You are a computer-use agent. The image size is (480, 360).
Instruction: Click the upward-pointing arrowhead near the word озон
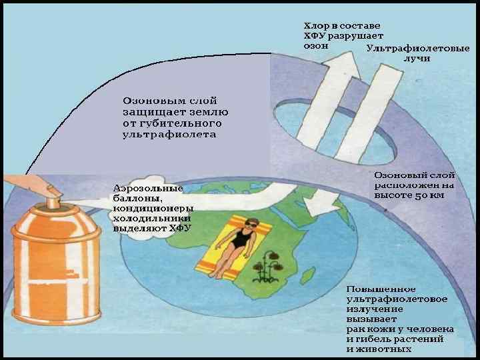[x=331, y=57]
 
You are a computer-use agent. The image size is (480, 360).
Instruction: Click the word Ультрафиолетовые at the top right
[x=418, y=48]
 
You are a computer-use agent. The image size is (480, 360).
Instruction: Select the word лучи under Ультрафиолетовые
[x=417, y=58]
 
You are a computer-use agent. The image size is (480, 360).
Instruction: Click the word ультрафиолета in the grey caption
[x=169, y=134]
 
